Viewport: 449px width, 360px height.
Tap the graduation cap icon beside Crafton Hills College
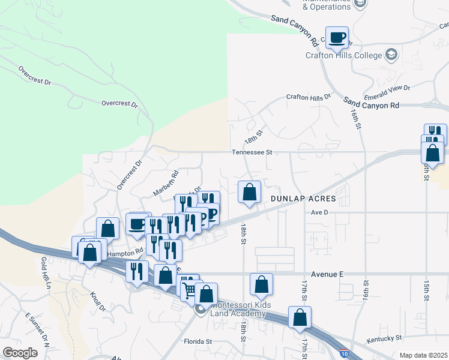point(391,55)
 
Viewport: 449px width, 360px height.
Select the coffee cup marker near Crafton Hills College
point(337,38)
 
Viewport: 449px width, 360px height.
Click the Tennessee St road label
point(253,152)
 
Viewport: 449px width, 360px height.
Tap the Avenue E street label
point(324,274)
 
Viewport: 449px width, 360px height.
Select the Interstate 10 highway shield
point(344,354)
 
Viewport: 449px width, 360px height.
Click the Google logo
point(20,353)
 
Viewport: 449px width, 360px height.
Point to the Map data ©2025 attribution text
point(423,355)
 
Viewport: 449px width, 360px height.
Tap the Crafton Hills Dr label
point(309,97)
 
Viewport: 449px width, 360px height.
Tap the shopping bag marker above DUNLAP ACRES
point(250,192)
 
